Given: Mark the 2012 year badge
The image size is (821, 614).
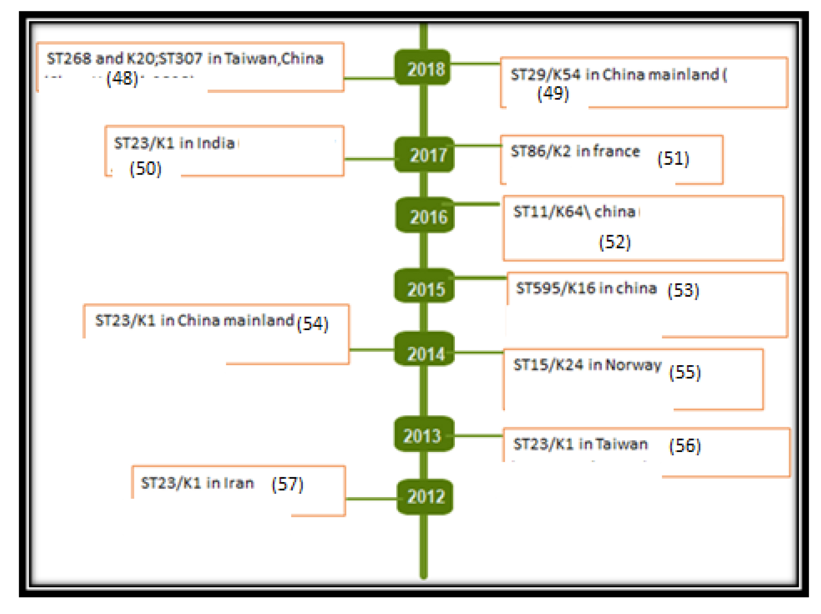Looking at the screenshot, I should (x=425, y=497).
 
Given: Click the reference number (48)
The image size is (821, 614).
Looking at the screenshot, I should (x=122, y=78).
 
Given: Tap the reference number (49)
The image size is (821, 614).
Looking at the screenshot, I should (x=553, y=93).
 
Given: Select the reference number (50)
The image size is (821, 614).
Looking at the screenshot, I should (x=146, y=168).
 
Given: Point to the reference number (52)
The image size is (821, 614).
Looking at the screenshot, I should (x=614, y=242).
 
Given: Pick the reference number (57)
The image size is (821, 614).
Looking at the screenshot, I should (x=287, y=484).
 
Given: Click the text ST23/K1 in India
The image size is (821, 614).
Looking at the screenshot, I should (x=174, y=143).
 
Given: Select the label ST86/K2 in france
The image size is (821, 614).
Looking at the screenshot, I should (x=575, y=151).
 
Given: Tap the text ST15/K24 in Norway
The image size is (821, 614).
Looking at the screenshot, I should (x=587, y=365).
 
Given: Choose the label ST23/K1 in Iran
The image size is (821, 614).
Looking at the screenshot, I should (x=197, y=483).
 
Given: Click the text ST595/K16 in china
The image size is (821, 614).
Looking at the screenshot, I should (x=586, y=288).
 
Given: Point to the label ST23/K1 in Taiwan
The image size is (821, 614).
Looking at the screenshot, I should (x=581, y=444).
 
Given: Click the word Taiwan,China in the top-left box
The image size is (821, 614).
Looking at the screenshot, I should (x=274, y=59).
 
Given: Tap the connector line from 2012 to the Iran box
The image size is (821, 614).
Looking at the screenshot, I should (x=371, y=499).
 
